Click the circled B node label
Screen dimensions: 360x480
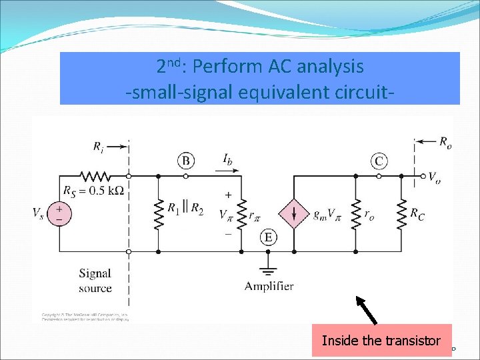[x=186, y=161]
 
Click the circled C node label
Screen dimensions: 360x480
[x=379, y=161]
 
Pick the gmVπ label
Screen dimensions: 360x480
[x=327, y=213]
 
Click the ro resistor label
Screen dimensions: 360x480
[x=369, y=213]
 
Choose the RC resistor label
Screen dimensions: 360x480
[x=418, y=213]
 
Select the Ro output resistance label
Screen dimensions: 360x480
[x=445, y=141]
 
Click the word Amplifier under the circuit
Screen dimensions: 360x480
[x=269, y=286]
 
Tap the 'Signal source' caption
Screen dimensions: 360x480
[x=95, y=281]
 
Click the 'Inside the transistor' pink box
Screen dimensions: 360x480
[x=381, y=341]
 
